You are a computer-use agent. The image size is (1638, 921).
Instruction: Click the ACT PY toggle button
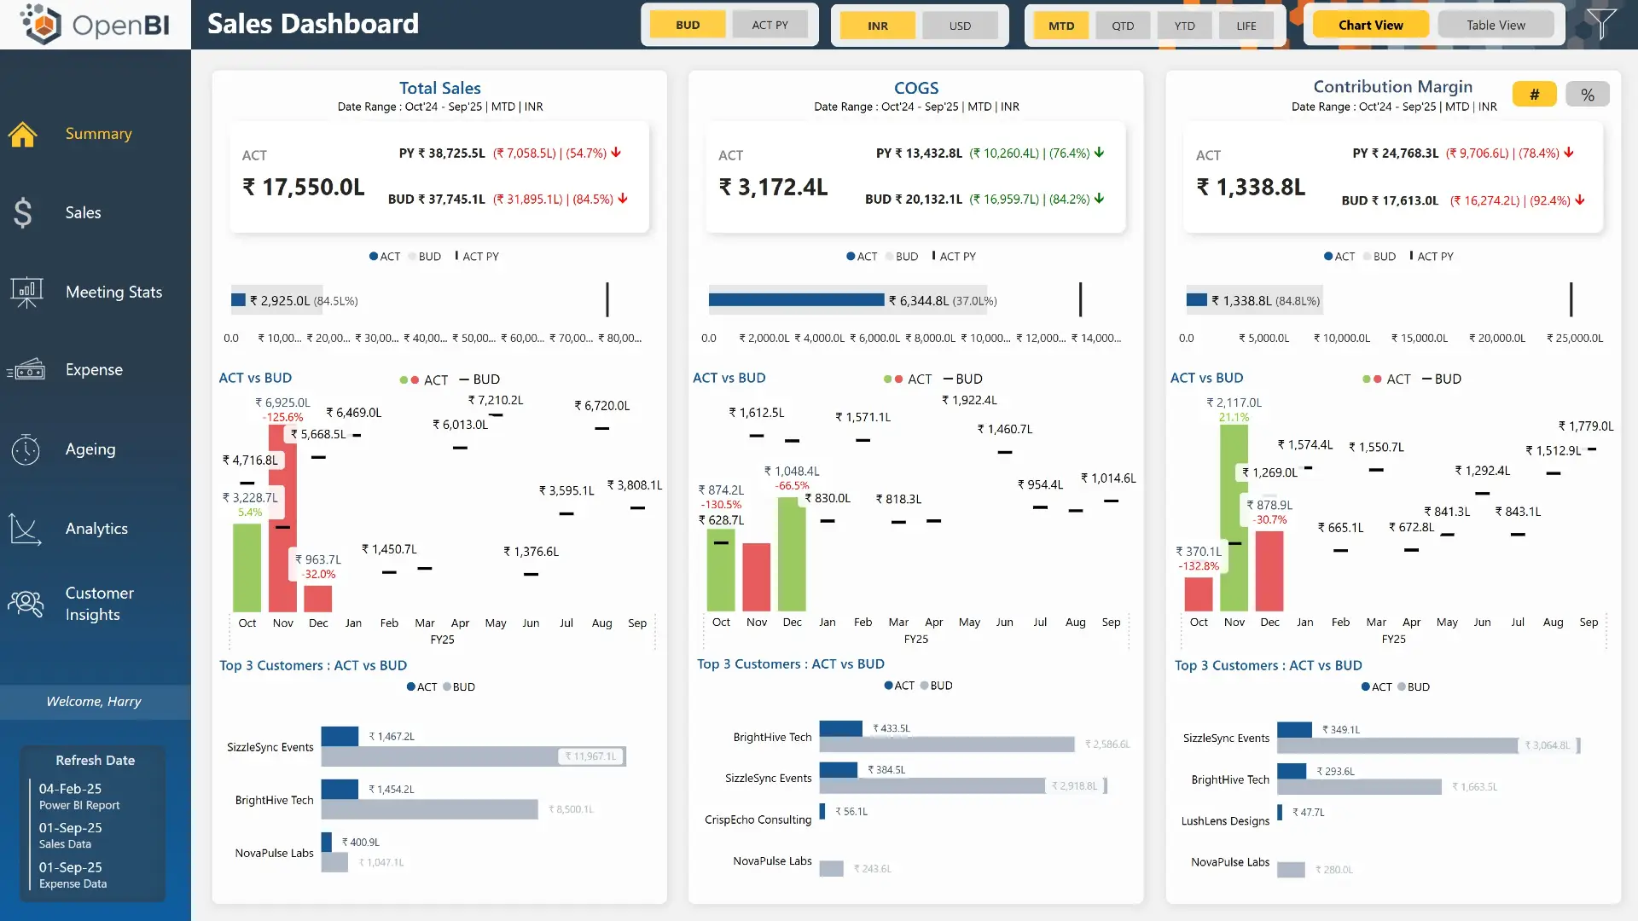[770, 25]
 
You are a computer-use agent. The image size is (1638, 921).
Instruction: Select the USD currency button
[960, 26]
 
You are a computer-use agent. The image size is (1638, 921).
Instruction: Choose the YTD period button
[1184, 26]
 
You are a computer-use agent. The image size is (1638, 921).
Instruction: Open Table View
[1496, 25]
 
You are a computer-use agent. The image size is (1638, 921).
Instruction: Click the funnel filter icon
[1601, 23]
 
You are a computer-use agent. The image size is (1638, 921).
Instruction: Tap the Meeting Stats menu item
[113, 292]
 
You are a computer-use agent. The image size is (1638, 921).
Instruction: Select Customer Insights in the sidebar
[99, 603]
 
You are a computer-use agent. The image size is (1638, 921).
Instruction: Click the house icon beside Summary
[23, 134]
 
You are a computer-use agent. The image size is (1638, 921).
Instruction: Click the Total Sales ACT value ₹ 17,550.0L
[304, 187]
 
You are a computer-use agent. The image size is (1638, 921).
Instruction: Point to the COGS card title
[915, 88]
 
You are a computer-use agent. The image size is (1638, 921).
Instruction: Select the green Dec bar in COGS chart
[792, 554]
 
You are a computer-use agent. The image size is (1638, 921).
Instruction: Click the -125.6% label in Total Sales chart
[283, 417]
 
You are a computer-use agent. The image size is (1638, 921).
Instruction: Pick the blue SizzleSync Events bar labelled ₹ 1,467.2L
[340, 736]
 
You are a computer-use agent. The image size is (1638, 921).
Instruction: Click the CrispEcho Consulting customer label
[758, 820]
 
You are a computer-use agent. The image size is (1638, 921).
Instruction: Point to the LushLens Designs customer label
[1225, 820]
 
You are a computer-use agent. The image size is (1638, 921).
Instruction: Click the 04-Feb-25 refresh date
[70, 789]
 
